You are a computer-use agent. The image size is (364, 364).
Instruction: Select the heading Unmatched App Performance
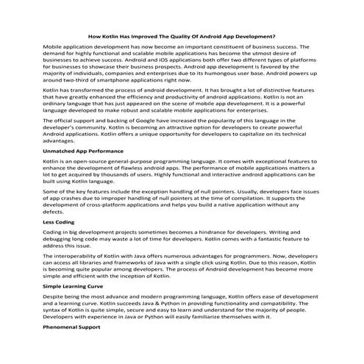pos(82,171)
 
